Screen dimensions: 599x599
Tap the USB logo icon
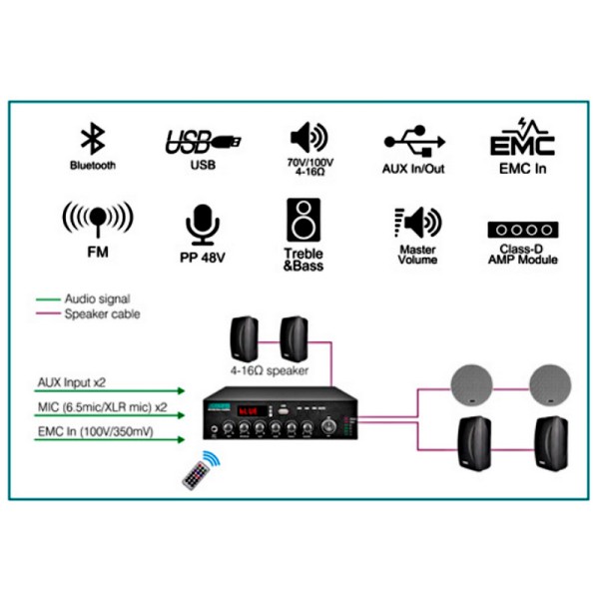(202, 142)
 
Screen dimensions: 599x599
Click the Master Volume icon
(417, 222)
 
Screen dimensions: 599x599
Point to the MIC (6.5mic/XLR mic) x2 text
(103, 409)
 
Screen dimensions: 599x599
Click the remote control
(200, 468)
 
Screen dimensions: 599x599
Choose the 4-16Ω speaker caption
(267, 371)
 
